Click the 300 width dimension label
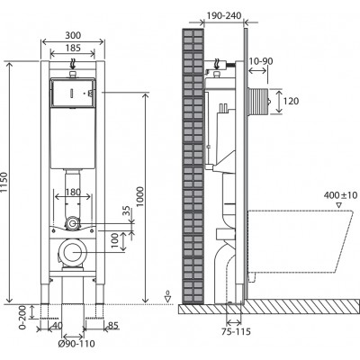coord(73,35)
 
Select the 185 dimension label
coord(73,48)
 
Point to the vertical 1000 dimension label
coord(139,197)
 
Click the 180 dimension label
coord(73,192)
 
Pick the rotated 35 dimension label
coord(127,211)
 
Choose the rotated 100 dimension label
coord(115,242)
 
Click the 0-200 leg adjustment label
coord(22,317)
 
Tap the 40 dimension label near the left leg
coord(58,325)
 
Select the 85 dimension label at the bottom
coord(113,325)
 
